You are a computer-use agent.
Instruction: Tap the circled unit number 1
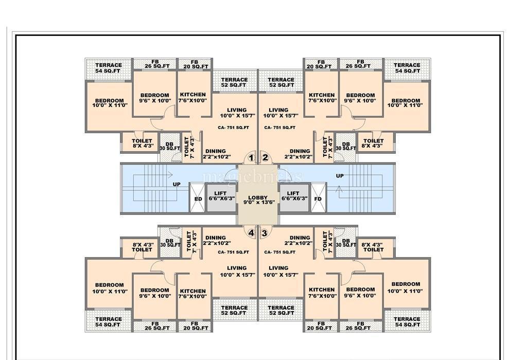click(251, 158)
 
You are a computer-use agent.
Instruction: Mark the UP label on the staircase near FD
click(340, 176)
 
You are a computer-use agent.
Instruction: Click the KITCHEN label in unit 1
click(193, 95)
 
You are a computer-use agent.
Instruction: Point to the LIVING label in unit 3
click(278, 268)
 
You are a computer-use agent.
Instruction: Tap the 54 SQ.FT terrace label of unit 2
click(407, 68)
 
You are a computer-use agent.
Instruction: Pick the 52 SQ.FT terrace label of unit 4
click(234, 310)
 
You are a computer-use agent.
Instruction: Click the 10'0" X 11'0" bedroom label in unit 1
click(109, 102)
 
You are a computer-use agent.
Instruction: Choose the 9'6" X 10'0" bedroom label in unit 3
click(360, 292)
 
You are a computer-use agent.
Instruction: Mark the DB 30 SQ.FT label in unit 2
click(346, 146)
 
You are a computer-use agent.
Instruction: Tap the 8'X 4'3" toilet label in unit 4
click(142, 247)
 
